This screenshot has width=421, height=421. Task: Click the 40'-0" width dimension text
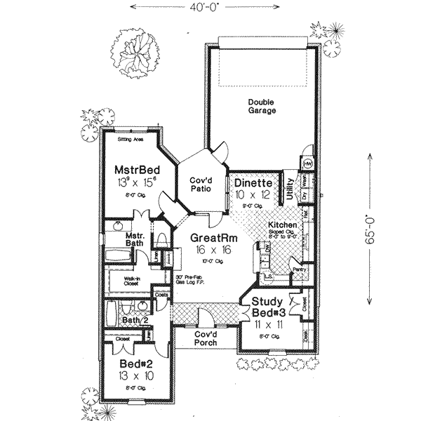[x=210, y=8]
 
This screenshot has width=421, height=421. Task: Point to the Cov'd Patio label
[x=198, y=184]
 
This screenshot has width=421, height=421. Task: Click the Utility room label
[x=289, y=189]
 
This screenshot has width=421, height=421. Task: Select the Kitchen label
[x=282, y=225]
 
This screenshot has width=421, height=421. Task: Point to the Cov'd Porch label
[x=208, y=338]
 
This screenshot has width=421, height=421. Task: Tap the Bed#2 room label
[x=132, y=367]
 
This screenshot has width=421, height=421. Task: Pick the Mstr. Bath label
[x=134, y=240]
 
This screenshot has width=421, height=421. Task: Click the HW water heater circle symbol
[x=307, y=163]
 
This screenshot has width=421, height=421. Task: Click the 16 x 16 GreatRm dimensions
[x=213, y=250]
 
